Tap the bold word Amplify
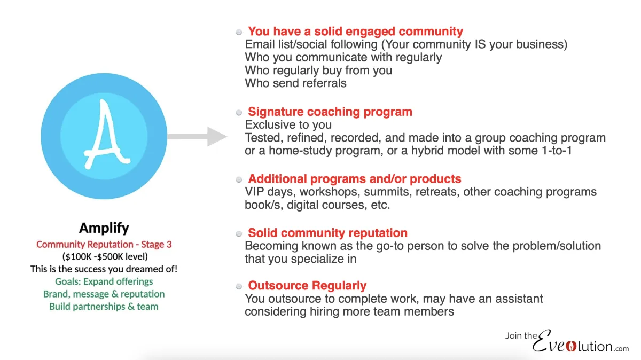click(104, 228)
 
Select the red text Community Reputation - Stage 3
click(104, 245)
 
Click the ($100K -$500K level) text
click(104, 257)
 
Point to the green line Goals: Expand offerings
click(104, 281)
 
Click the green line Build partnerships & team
click(104, 307)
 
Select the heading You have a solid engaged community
click(355, 32)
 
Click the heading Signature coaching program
click(330, 112)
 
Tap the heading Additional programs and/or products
click(354, 179)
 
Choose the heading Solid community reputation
click(327, 233)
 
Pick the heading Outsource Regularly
click(307, 285)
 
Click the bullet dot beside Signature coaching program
click(239, 113)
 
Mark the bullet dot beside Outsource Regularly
click(239, 286)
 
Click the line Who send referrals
click(295, 83)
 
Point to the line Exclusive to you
click(288, 125)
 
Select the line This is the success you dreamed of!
click(104, 269)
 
